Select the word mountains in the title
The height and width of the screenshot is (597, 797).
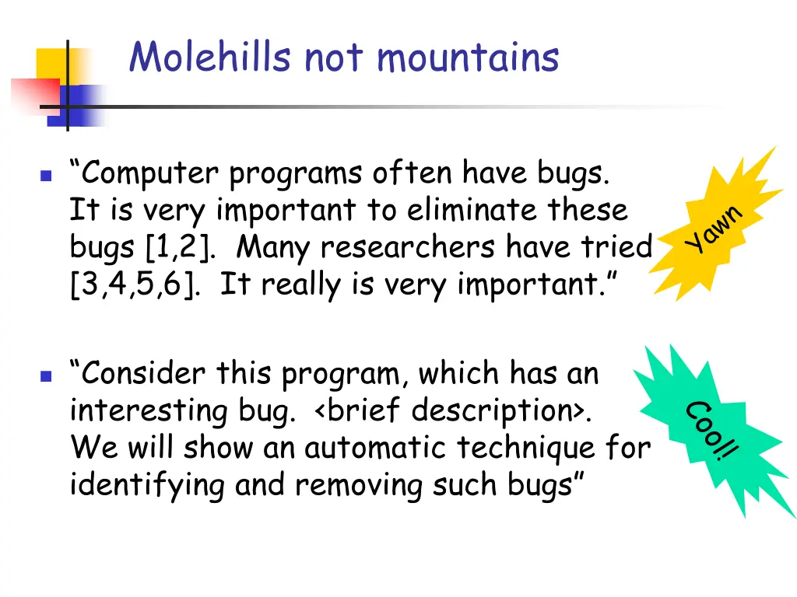[468, 58]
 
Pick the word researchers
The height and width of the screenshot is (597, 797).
[409, 247]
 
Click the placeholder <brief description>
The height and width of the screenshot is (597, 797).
[454, 410]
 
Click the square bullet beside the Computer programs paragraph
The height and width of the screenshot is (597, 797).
[45, 176]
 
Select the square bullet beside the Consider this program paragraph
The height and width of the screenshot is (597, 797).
[45, 376]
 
